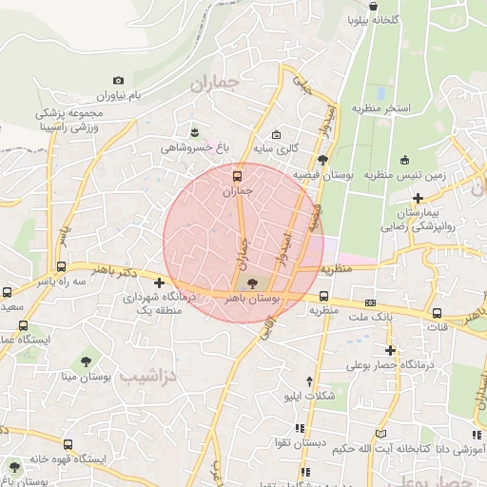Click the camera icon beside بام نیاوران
tap(118, 81)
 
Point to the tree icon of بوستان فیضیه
tap(323, 160)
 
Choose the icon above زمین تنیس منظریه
tap(406, 160)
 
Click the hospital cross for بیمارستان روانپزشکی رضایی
tap(418, 197)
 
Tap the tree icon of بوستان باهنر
tap(252, 282)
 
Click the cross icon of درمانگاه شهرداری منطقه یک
tap(159, 282)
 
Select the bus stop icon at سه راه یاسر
tap(62, 267)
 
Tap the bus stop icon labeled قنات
tap(437, 313)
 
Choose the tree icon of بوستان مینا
tap(87, 361)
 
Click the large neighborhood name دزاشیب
tap(153, 377)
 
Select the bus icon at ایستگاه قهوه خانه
tap(14, 466)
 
